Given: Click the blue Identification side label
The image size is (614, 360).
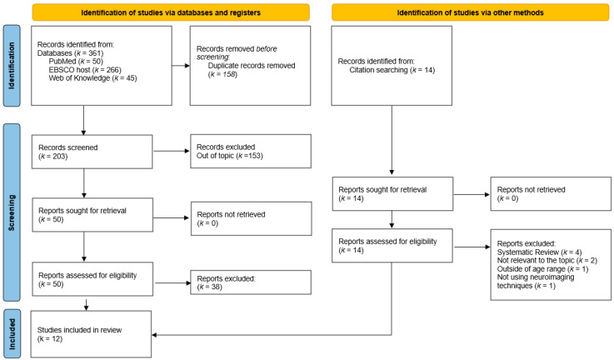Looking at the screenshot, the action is pyautogui.click(x=12, y=66).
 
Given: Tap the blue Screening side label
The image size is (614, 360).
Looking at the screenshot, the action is pyautogui.click(x=12, y=212).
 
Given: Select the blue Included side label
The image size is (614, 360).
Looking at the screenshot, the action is pyautogui.click(x=12, y=334).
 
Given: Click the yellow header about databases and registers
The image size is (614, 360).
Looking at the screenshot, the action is pyautogui.click(x=171, y=12).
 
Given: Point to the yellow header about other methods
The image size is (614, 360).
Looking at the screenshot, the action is pyautogui.click(x=471, y=12).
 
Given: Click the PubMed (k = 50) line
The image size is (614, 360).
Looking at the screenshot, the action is pyautogui.click(x=76, y=62).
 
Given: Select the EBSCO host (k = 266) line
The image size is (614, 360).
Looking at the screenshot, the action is pyautogui.click(x=85, y=70).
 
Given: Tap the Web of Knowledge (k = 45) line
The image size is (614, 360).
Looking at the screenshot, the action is pyautogui.click(x=92, y=78).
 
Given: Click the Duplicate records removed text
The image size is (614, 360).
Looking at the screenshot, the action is pyautogui.click(x=252, y=66).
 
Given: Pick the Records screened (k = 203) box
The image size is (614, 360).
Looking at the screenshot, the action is pyautogui.click(x=92, y=152).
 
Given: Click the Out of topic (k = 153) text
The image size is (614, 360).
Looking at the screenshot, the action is pyautogui.click(x=229, y=156).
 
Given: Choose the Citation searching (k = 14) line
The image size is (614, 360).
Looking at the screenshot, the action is pyautogui.click(x=392, y=70).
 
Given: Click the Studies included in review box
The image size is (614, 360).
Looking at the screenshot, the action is pyautogui.click(x=91, y=334).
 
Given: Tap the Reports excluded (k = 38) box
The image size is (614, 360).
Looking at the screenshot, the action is pyautogui.click(x=251, y=282).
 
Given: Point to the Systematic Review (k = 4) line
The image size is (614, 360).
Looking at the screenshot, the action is pyautogui.click(x=539, y=252).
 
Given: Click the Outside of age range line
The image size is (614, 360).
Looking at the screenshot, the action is pyautogui.click(x=542, y=268).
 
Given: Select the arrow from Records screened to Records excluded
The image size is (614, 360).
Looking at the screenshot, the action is pyautogui.click(x=172, y=151).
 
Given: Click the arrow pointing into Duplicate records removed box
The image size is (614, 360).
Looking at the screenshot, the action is pyautogui.click(x=181, y=66).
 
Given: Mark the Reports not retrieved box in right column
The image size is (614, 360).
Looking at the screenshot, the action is pyautogui.click(x=551, y=194).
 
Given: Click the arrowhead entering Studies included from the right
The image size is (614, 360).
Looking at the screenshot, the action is pyautogui.click(x=154, y=335).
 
